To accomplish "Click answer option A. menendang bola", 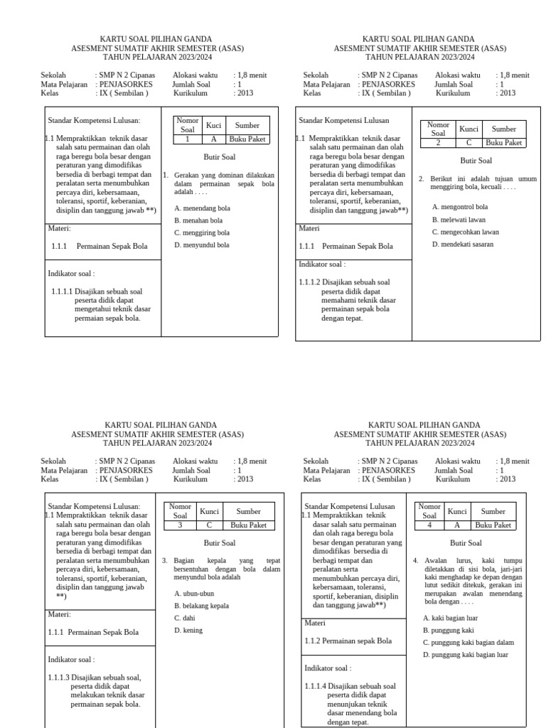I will pos(201,208).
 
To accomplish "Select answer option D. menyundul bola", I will pos(201,245).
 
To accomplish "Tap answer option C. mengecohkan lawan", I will pos(465,232).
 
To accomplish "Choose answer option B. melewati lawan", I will pos(459,220).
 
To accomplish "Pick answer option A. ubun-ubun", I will pos(193,593).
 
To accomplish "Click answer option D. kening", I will pos(188,630).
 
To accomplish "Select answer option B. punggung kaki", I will pos(448,630).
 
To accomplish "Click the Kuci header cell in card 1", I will pos(213,125).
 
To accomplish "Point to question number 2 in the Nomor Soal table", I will pos(439,143).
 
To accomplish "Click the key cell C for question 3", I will pos(209,525).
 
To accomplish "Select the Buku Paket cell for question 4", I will pos(493,525).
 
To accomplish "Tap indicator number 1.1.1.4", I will pos(315,686).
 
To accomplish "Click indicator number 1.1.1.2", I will pos(309,282).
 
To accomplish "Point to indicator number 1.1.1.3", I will pos(59,676).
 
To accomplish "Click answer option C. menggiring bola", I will pos(201,232).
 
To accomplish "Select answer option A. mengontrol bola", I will pos(460,207).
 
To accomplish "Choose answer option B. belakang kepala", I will pos(201,606).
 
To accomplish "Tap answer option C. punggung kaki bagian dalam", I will pos(468,643).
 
